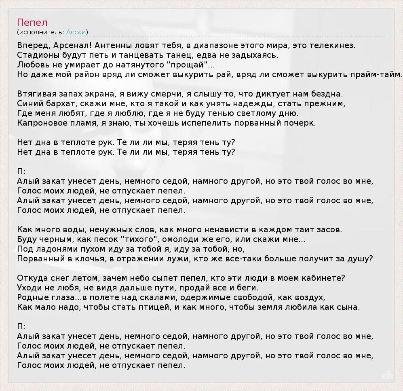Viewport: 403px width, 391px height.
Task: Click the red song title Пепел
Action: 32,22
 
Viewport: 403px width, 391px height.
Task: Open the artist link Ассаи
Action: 76,32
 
